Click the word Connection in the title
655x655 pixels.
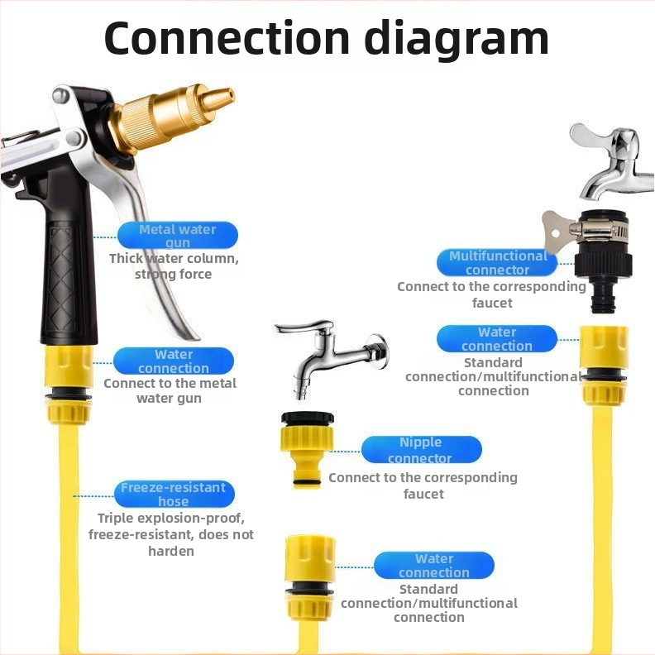click(x=227, y=37)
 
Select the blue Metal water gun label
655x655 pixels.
click(x=178, y=236)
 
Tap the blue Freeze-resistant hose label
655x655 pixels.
click(x=174, y=494)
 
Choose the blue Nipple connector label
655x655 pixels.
click(x=421, y=449)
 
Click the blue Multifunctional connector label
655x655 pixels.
click(x=497, y=263)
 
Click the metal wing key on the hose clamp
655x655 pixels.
click(x=557, y=230)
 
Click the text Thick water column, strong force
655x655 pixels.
click(x=174, y=266)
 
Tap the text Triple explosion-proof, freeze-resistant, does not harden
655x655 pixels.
click(x=171, y=534)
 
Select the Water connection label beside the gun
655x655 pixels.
click(x=174, y=361)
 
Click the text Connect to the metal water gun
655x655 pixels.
click(x=170, y=390)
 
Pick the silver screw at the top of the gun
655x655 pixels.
click(x=61, y=96)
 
